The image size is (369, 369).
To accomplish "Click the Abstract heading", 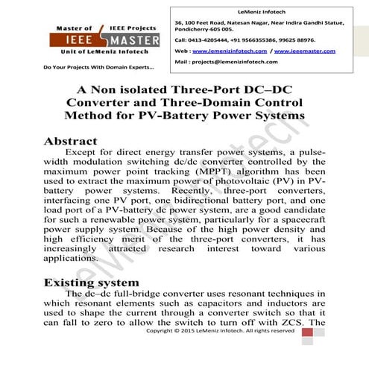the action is coord(71,141).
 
